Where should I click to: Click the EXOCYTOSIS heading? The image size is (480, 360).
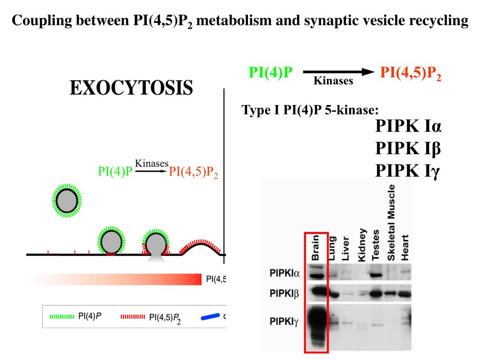click(x=131, y=88)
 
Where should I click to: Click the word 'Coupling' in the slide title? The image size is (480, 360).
click(x=35, y=21)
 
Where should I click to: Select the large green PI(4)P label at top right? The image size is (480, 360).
click(x=270, y=72)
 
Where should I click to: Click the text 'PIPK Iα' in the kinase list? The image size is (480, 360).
click(x=408, y=127)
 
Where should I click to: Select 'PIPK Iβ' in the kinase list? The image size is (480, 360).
click(x=408, y=149)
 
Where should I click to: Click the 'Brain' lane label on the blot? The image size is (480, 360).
click(x=315, y=247)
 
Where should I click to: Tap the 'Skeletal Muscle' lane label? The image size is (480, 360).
click(x=392, y=222)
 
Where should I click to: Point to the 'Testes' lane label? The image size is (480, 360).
click(x=376, y=245)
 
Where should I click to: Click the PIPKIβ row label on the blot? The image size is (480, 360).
click(x=285, y=294)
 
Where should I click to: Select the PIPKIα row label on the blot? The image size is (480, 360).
click(x=285, y=272)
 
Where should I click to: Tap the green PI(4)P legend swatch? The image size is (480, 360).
click(x=62, y=316)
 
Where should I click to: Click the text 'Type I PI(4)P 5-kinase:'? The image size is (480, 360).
click(x=310, y=110)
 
